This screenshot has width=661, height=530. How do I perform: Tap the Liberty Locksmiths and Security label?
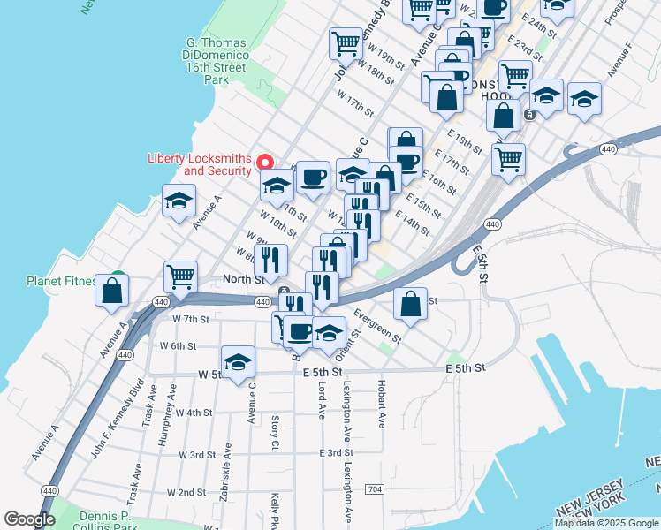coord(199,164)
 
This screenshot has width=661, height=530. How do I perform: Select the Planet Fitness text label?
coord(61,282)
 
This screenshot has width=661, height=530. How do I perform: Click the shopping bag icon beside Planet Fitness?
coord(112,291)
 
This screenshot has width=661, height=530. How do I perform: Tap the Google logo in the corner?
coord(29,519)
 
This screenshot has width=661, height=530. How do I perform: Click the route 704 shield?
coord(375,488)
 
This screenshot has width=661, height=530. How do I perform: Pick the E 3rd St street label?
coord(337,452)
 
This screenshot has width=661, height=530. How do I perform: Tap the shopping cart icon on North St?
coord(180,276)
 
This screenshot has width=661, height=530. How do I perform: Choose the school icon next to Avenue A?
coord(179,201)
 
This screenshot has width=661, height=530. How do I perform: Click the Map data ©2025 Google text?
coord(607,523)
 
